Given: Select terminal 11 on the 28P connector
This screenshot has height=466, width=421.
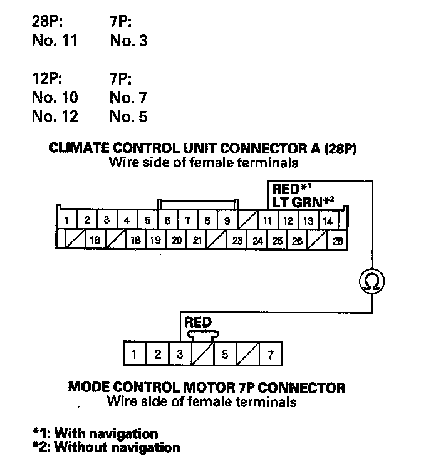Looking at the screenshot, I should pos(268,220).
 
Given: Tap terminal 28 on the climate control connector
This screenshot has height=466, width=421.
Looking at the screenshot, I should pos(338,240).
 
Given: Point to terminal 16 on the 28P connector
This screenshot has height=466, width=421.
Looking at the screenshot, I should pos(96,240).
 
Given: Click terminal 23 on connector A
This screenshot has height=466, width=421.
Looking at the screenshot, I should pos(237,240).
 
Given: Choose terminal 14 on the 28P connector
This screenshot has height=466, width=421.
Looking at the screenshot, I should pos(328,220).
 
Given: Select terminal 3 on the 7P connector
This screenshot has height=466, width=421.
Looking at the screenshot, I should pos(180,354).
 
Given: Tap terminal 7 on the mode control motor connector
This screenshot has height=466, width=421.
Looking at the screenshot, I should pos(271,354).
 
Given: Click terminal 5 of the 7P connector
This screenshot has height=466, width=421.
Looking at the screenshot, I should pos(225,354).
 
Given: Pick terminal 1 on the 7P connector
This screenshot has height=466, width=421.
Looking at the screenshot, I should pos(135,354).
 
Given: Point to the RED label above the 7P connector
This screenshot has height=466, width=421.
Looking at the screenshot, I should pos(198,322).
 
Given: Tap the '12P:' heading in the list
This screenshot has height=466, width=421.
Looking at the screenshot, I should pos(48,80).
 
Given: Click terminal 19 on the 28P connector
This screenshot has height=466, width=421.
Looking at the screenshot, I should pos(157,240).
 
